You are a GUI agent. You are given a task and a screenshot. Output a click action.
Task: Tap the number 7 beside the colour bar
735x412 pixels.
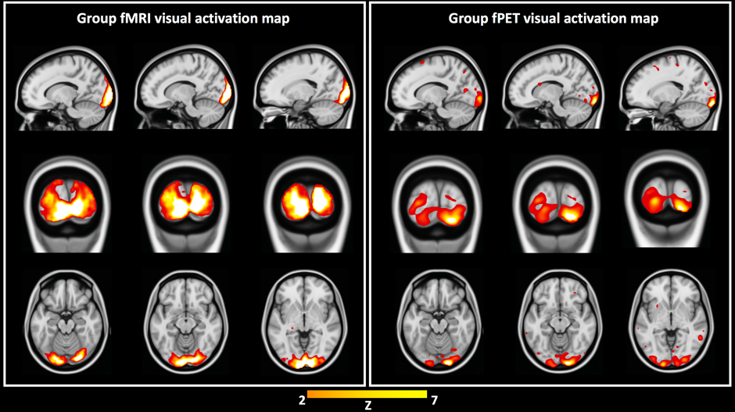[435, 399]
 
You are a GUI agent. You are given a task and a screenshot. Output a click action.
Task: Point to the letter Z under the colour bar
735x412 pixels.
[367, 406]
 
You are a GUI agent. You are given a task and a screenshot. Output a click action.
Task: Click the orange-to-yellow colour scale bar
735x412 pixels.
[367, 394]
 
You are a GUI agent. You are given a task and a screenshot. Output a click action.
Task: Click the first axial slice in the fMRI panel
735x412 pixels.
[67, 321]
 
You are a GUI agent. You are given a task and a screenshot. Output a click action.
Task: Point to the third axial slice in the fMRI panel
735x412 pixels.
[300, 321]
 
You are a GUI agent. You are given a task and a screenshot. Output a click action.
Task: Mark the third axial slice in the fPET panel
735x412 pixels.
[669, 321]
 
